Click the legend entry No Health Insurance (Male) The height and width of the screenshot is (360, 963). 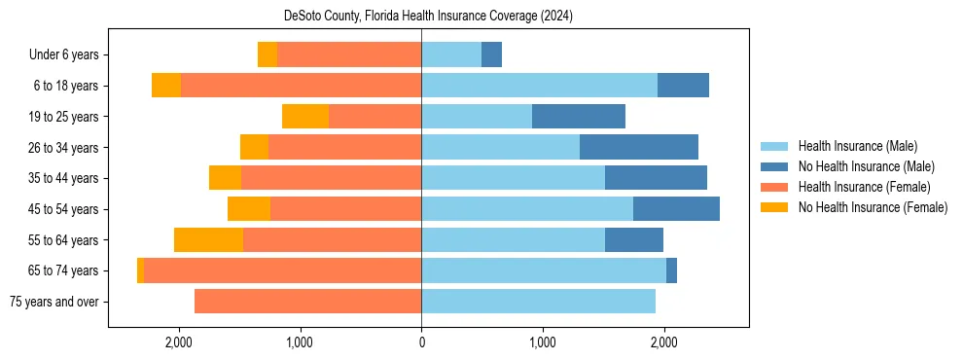point(866,166)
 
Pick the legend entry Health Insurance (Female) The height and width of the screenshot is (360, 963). point(864,187)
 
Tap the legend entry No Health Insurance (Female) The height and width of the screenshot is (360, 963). point(872,207)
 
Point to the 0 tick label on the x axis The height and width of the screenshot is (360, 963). point(421,342)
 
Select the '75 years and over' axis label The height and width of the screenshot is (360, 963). point(53,302)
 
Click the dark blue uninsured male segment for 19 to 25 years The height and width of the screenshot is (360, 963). point(579,117)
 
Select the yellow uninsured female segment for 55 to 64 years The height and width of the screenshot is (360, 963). point(208,240)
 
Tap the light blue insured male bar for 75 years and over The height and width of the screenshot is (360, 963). point(538,302)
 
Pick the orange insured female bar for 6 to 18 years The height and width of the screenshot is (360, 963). point(301,86)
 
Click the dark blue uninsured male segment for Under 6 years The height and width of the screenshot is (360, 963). point(491,55)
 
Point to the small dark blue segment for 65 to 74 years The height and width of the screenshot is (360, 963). point(671,270)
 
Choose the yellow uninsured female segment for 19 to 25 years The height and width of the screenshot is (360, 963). point(305,117)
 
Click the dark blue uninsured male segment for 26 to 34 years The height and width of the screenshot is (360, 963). point(639,148)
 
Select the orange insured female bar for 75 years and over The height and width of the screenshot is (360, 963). point(307,302)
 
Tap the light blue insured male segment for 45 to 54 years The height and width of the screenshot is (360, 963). point(527,209)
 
